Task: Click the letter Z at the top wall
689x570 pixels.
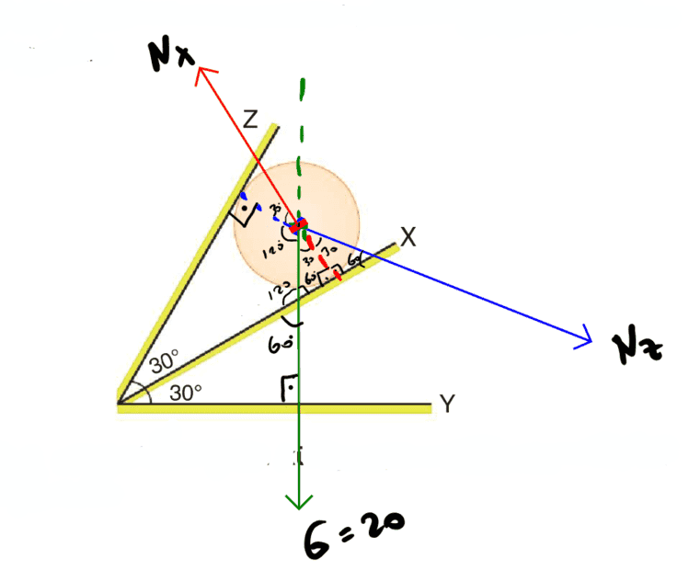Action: coord(249,120)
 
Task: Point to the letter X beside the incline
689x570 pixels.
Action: coord(409,238)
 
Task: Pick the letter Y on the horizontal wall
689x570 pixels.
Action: coord(447,404)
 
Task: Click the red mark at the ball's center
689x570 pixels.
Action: coord(298,226)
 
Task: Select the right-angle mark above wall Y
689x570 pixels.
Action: coord(288,390)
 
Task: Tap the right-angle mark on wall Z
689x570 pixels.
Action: coord(244,213)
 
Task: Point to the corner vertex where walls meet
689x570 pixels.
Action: coord(121,404)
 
